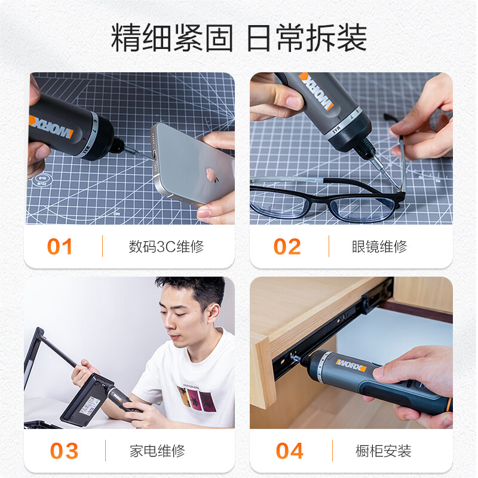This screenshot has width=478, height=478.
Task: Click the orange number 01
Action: coord(60,247)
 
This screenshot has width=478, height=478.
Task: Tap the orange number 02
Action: coord(287,247)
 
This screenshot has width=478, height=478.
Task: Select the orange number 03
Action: coord(64,451)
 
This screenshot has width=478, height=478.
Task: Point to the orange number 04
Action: coord(290,451)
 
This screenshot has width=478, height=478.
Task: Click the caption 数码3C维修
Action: coord(166,247)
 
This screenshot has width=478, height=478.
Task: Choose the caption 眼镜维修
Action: coord(379,247)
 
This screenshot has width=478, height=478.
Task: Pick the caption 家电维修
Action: coord(157,451)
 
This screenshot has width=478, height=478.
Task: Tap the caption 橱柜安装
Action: coord(383,451)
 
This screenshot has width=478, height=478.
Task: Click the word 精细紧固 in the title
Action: coord(171,39)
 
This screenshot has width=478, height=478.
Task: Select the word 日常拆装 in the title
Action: coord(307,39)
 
